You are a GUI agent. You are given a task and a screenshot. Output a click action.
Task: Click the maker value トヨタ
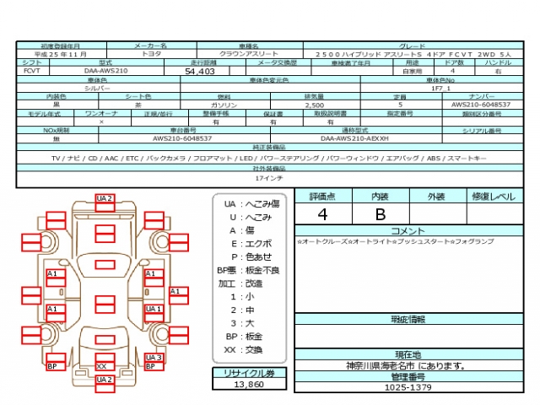tap(151, 53)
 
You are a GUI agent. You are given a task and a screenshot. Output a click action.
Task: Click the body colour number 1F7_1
tap(440, 88)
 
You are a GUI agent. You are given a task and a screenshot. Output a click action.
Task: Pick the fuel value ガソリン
tap(224, 105)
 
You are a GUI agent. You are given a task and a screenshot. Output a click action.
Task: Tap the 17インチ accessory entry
tap(268, 179)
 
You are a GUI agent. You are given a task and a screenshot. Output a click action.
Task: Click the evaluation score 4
tap(322, 213)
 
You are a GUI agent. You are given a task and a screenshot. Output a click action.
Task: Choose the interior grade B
tap(380, 213)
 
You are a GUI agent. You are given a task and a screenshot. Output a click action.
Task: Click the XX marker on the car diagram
tap(102, 366)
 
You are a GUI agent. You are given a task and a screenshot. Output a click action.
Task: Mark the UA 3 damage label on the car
tap(153, 358)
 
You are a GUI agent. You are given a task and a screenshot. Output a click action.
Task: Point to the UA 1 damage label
tap(153, 309)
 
